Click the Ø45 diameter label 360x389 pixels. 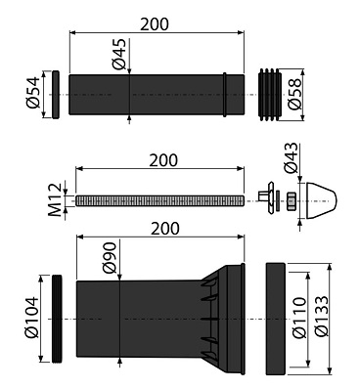click(119, 54)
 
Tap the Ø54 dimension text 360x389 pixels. click(32, 93)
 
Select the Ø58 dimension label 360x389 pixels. click(294, 95)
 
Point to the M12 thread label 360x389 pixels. click(55, 199)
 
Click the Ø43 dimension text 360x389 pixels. click(291, 157)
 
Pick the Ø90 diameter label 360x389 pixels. click(110, 257)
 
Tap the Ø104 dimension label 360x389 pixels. click(31, 318)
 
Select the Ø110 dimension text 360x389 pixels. click(300, 318)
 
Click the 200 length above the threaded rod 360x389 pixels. click(163, 160)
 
